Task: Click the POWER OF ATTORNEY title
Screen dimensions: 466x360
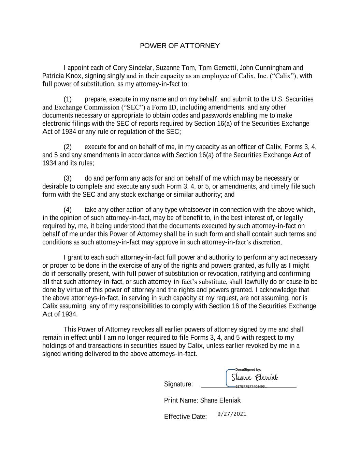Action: pyautogui.click(x=180, y=46)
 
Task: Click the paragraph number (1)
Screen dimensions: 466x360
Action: pyautogui.click(x=68, y=99)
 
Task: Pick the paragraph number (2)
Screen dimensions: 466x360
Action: pyautogui.click(x=68, y=147)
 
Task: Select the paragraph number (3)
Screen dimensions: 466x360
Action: pyautogui.click(x=68, y=179)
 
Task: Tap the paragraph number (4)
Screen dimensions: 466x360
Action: pyautogui.click(x=68, y=210)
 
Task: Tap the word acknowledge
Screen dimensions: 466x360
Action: pyautogui.click(x=278, y=290)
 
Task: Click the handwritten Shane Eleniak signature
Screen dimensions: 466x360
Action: pyautogui.click(x=255, y=378)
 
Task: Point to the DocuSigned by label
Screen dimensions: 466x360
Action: pyautogui.click(x=248, y=369)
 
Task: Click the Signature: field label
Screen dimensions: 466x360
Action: pyautogui.click(x=178, y=384)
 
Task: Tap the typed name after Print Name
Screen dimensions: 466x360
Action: pyautogui.click(x=220, y=400)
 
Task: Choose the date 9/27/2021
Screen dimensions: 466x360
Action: pyautogui.click(x=232, y=414)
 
